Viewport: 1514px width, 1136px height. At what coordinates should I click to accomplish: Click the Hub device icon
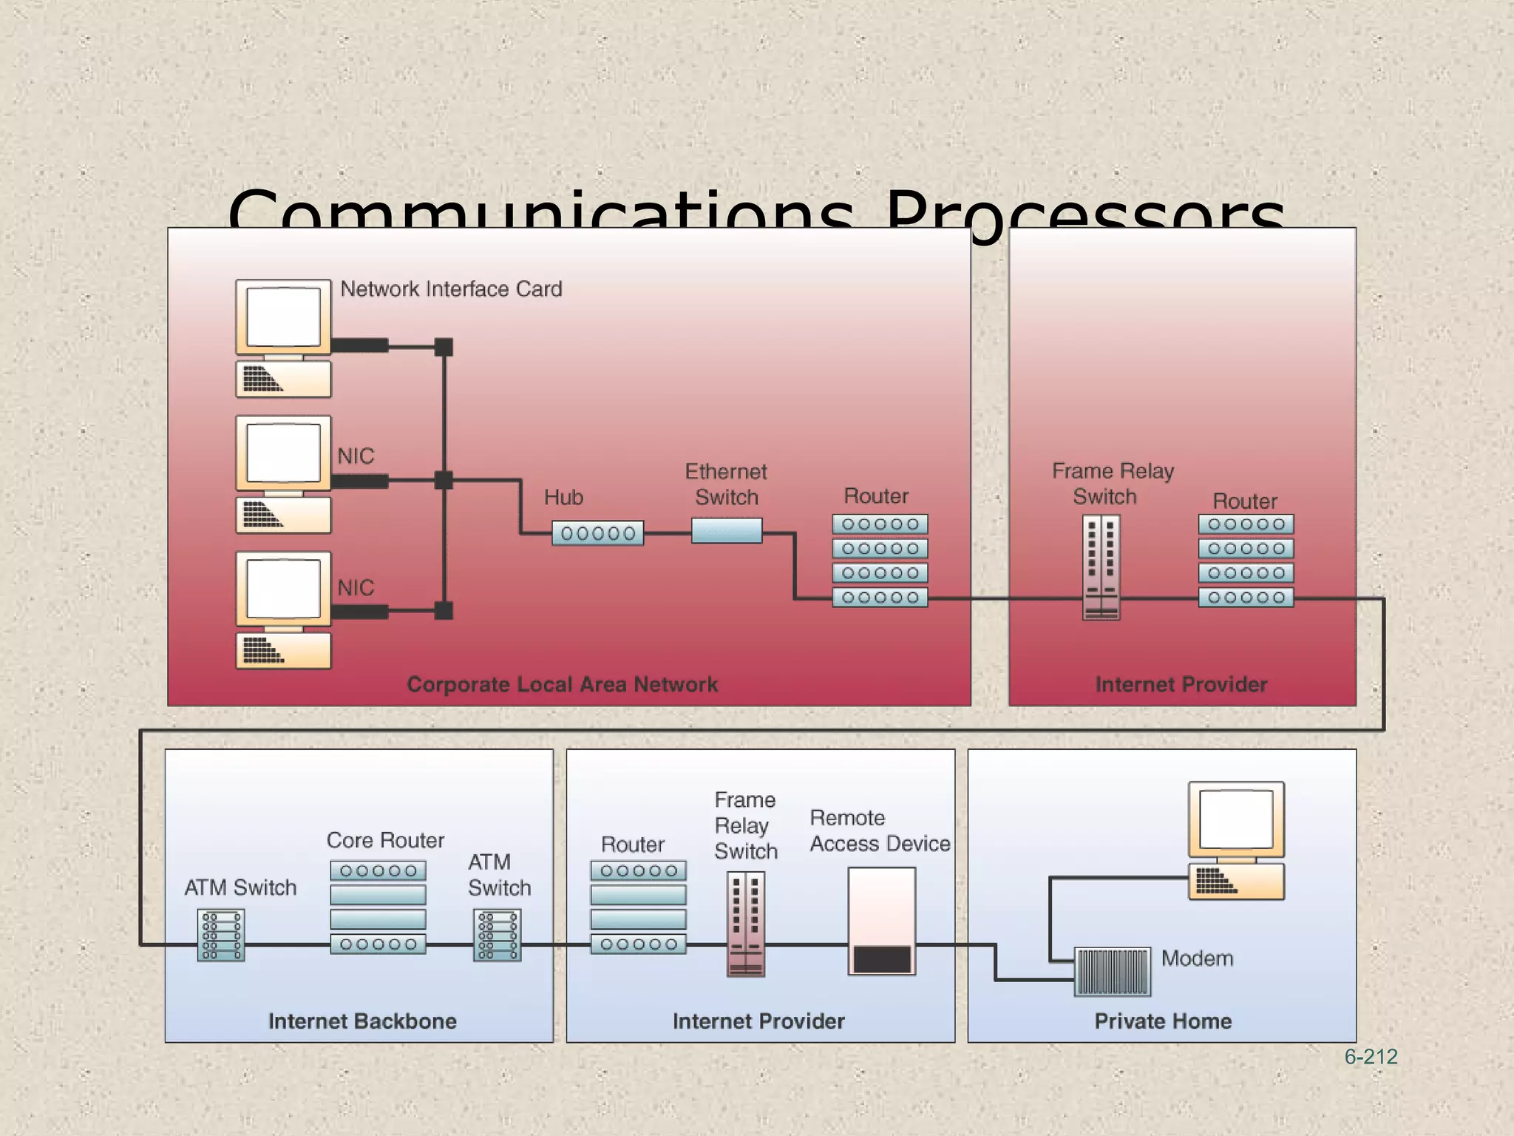pyautogui.click(x=597, y=533)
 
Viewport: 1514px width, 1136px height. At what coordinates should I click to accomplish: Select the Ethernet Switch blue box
pyautogui.click(x=727, y=530)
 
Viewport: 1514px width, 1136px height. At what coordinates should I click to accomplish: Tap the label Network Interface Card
pyautogui.click(x=451, y=289)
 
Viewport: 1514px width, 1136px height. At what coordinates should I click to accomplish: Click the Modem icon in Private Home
pyautogui.click(x=1112, y=971)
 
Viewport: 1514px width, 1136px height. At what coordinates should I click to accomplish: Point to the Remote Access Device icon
pyautogui.click(x=881, y=921)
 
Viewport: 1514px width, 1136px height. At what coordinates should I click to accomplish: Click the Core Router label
pyautogui.click(x=385, y=841)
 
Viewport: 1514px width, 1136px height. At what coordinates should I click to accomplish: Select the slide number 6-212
pyautogui.click(x=1371, y=1057)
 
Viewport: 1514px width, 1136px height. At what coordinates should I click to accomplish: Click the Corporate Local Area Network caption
pyautogui.click(x=562, y=685)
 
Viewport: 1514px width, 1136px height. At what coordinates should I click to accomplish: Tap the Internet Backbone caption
pyautogui.click(x=362, y=1021)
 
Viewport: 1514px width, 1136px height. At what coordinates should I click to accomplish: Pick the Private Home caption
pyautogui.click(x=1163, y=1021)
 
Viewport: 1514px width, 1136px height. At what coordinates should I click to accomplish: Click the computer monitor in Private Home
pyautogui.click(x=1236, y=819)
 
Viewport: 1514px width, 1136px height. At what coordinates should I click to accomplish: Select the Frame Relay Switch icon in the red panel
pyautogui.click(x=1101, y=567)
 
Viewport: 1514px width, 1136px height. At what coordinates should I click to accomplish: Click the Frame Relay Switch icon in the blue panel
pyautogui.click(x=745, y=924)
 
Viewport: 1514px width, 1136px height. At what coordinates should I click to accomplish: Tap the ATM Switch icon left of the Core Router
pyautogui.click(x=221, y=936)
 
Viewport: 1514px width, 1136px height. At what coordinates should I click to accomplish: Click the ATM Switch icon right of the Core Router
pyautogui.click(x=497, y=936)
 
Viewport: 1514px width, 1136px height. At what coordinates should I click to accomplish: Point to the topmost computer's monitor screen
pyautogui.click(x=283, y=317)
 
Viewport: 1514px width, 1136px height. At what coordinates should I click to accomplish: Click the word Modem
pyautogui.click(x=1197, y=959)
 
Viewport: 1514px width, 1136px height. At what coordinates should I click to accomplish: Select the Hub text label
pyautogui.click(x=563, y=498)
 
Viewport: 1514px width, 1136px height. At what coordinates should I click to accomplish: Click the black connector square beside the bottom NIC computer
pyautogui.click(x=444, y=611)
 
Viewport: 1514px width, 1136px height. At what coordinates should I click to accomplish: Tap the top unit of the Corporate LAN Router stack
pyautogui.click(x=880, y=524)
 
